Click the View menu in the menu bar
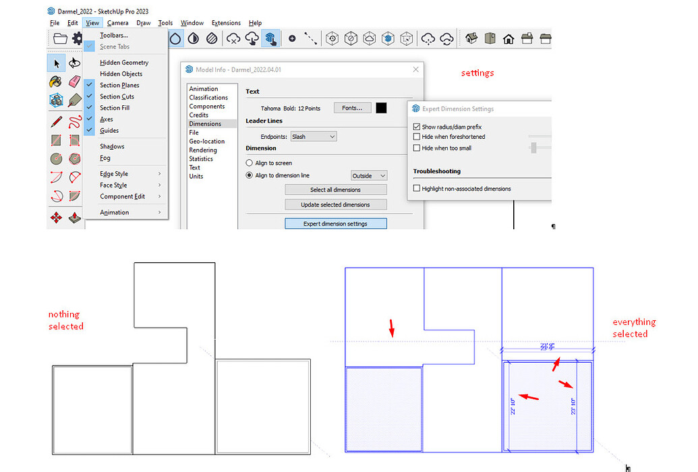[92, 23]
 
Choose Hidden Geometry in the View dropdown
[123, 63]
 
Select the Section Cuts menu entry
[117, 96]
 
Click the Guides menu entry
[109, 130]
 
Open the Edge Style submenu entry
[114, 174]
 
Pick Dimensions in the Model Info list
[205, 123]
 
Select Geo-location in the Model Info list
[206, 141]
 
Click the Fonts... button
[352, 108]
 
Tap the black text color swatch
[382, 108]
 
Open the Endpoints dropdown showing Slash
[312, 136]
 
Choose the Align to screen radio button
[250, 163]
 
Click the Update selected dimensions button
[336, 204]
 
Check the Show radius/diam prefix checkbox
[417, 127]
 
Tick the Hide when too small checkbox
[417, 148]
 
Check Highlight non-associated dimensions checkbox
[417, 189]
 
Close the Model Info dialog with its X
[416, 69]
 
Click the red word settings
[477, 73]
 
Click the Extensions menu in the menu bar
[226, 23]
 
